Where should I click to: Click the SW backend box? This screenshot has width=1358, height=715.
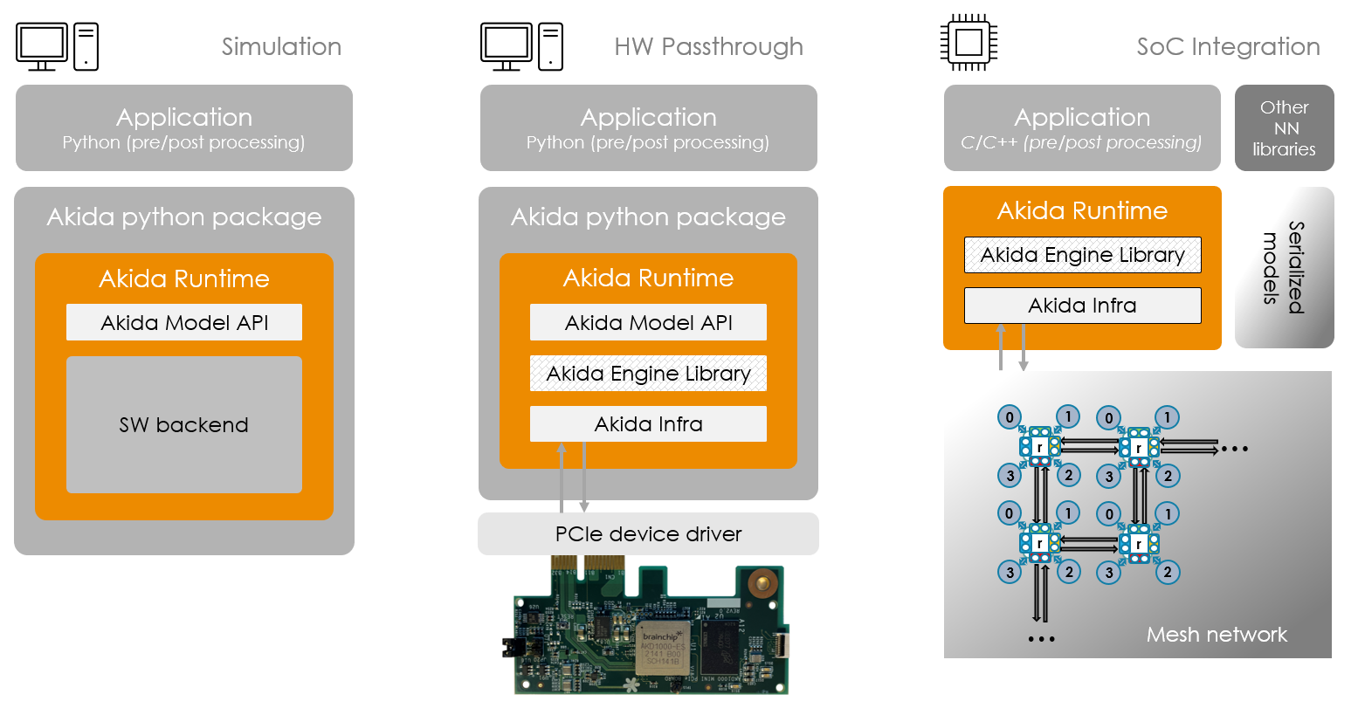tap(184, 425)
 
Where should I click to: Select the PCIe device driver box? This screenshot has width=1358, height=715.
tap(648, 533)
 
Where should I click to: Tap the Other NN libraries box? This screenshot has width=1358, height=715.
tap(1284, 128)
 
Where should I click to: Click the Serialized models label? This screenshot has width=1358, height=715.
tap(1284, 267)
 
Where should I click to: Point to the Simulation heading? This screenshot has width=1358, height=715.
tap(281, 46)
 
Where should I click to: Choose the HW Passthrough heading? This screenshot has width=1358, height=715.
tap(708, 46)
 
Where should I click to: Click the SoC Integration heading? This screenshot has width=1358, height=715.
tap(1228, 46)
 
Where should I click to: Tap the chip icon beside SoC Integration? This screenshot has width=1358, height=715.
tap(969, 43)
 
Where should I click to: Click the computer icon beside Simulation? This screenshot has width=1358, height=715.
tap(58, 46)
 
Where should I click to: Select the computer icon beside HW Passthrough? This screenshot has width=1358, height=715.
tap(521, 46)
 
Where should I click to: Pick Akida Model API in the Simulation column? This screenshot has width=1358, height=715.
tap(184, 322)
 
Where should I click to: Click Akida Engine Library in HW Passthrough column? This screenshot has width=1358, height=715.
tap(648, 374)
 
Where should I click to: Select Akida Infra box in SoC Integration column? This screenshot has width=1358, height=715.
tap(1082, 306)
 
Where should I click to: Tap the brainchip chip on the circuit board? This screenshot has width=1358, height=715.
tap(662, 648)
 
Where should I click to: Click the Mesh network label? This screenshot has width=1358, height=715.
tap(1216, 635)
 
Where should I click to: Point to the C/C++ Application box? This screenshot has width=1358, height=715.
tap(1082, 128)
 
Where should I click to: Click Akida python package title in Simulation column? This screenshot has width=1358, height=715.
tap(184, 217)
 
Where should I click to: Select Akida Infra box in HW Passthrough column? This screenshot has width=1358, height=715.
tap(648, 424)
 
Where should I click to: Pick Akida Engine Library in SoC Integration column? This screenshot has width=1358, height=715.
tap(1082, 255)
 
